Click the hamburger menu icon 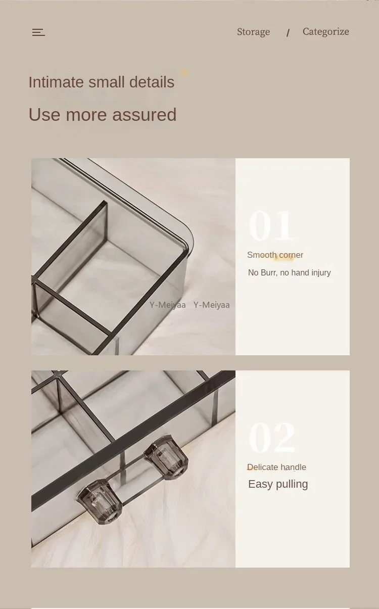click(38, 32)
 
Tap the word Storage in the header click(253, 32)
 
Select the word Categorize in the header click(326, 31)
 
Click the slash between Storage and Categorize click(288, 33)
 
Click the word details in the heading click(152, 82)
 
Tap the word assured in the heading click(145, 114)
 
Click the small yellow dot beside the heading click(184, 72)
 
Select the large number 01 click(271, 225)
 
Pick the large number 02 click(272, 437)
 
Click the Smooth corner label click(275, 255)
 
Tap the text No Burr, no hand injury click(289, 272)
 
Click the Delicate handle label click(276, 467)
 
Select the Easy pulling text click(278, 484)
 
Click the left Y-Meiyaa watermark click(167, 305)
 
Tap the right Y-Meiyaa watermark click(212, 305)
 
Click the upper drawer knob click(166, 456)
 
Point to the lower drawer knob click(100, 502)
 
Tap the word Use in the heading click(44, 114)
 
